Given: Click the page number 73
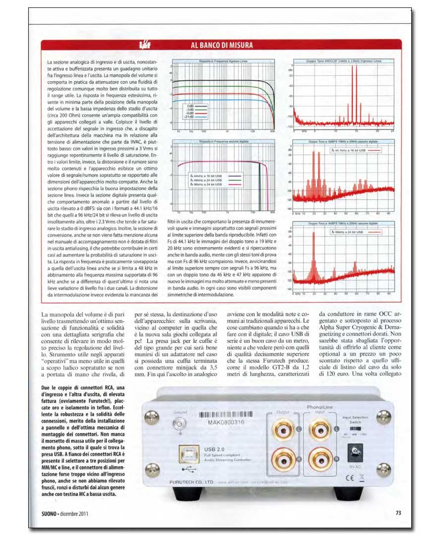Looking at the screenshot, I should tap(397, 512).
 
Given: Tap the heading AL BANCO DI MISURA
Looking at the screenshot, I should tap(222, 45).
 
